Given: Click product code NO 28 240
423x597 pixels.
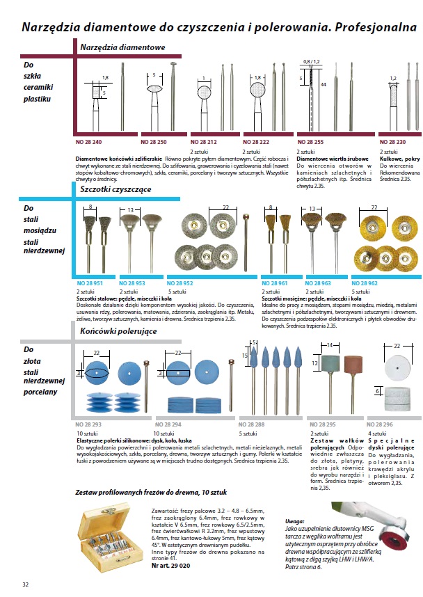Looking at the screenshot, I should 88,141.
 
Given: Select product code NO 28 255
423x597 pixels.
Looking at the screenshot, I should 311,141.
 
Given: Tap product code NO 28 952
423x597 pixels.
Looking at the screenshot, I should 182,283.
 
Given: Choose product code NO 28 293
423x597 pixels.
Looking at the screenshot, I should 88,423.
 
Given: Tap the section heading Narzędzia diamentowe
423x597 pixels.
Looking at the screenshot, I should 122,47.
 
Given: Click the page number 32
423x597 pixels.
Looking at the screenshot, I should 26,582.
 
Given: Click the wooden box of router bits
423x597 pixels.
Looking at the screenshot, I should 115,532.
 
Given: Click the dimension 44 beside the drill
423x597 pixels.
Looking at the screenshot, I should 322,84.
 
